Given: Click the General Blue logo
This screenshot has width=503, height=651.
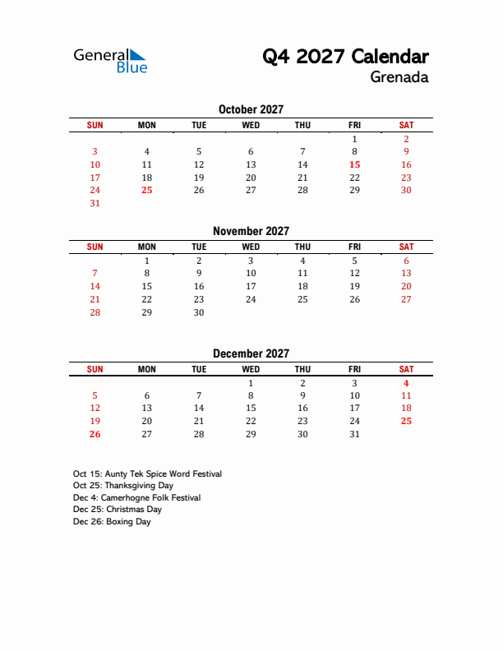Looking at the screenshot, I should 110,61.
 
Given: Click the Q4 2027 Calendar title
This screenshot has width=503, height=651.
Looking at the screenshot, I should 345,57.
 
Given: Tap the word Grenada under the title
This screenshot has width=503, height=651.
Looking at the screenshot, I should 399,78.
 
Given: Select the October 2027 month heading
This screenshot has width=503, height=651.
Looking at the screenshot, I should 251,109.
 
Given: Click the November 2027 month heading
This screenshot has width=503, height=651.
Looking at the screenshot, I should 251,231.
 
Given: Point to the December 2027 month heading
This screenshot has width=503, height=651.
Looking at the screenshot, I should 251,353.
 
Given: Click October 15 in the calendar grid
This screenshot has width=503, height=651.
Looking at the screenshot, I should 354,164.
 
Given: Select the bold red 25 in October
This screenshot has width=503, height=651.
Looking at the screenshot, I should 146,190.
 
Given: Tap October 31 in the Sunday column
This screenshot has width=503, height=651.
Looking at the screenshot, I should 95,203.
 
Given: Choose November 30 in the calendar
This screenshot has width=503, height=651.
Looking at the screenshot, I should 199,312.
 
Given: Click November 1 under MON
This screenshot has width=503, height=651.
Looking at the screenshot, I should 146,261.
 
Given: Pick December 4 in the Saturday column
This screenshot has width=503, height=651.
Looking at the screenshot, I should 406,383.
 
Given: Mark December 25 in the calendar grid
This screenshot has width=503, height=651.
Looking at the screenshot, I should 406,421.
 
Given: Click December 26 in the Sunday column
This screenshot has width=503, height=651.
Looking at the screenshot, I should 95,434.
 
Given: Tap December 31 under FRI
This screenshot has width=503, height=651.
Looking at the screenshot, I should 354,434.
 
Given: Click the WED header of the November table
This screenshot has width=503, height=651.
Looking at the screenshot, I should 251,247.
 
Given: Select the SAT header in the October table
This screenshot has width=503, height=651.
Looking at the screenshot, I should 406,125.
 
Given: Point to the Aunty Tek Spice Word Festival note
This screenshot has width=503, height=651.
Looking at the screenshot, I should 147,473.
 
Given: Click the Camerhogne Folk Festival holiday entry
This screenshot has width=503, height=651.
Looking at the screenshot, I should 136,497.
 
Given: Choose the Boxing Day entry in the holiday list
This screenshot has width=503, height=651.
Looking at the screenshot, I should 112,521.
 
